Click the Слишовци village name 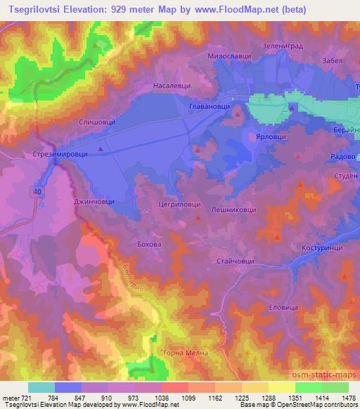tap(97, 122)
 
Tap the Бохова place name tap(149, 243)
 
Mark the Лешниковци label tap(234, 209)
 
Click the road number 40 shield tap(35, 190)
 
